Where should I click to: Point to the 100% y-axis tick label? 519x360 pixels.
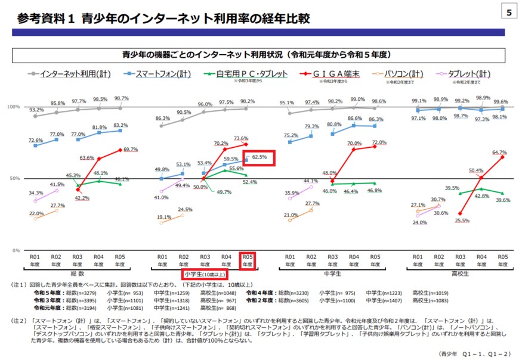tap(13, 107)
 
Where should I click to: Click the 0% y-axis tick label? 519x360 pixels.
tap(16, 250)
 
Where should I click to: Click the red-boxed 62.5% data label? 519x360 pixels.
tap(262, 158)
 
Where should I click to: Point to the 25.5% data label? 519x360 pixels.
tap(462, 221)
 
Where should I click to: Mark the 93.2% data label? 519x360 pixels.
tap(36, 110)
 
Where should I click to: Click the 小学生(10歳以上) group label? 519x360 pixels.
tap(204, 274)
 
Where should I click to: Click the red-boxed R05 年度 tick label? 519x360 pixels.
tap(247, 260)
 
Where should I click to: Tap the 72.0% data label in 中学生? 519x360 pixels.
tap(379, 143)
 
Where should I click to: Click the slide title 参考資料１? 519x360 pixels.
tap(44, 19)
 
